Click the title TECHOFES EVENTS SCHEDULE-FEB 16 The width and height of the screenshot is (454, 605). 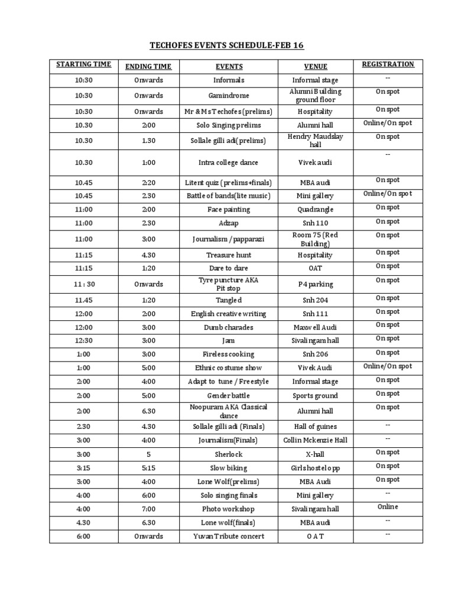[228, 45]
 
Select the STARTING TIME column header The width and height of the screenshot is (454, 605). [83, 64]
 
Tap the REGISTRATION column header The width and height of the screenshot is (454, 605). [388, 64]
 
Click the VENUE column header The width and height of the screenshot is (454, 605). [316, 67]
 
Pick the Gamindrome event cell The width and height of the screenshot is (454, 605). [228, 96]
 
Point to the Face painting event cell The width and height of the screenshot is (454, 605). [228, 210]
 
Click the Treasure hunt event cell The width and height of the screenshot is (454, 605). [228, 255]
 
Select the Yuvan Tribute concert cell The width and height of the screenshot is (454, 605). [228, 536]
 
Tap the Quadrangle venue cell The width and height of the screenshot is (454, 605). [316, 210]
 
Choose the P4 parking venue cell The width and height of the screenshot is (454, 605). [316, 284]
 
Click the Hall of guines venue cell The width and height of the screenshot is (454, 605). [316, 427]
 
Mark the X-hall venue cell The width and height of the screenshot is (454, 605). [316, 454]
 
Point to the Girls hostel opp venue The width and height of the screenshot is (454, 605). [316, 468]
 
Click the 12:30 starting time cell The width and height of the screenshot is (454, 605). [83, 341]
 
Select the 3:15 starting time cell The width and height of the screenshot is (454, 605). [83, 468]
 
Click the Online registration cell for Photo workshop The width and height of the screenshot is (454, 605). [388, 507]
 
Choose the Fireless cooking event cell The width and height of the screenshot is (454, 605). [228, 354]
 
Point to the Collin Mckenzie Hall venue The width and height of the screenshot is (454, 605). [316, 440]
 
